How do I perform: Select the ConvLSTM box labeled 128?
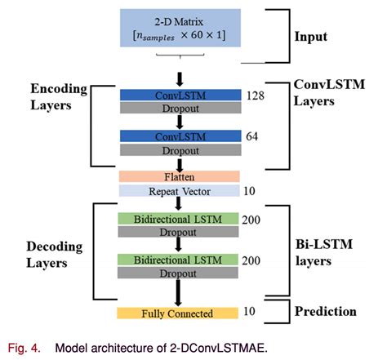pos(180,96)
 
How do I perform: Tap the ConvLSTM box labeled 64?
pos(180,136)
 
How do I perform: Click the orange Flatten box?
pos(180,176)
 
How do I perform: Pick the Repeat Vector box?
pos(180,191)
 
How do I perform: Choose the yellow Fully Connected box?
pos(178,313)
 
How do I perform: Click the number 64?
pos(253,136)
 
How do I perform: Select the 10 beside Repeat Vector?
pos(251,191)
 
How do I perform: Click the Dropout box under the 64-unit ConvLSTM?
pos(180,149)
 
